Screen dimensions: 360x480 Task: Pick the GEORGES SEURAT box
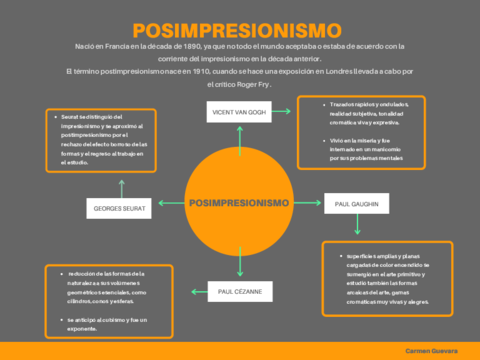point(119,209)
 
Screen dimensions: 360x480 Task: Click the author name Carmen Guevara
point(431,352)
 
